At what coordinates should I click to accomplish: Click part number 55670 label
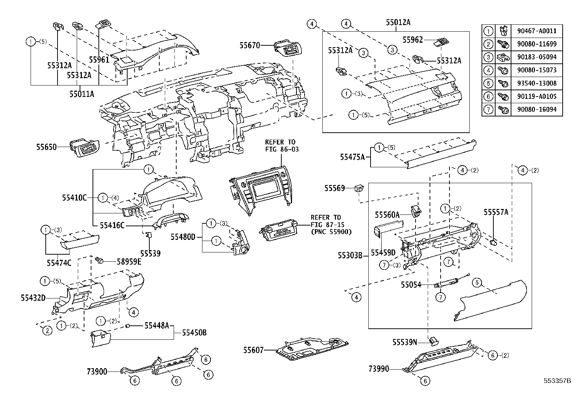coord(249,46)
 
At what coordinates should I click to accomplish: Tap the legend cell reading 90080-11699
coord(536,44)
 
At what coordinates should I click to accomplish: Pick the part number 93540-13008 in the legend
coord(536,83)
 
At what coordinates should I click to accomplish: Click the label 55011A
coord(81,94)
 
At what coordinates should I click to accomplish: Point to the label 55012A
coord(398,22)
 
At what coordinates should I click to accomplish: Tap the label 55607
coord(253,350)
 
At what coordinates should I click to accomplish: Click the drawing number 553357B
coord(557,381)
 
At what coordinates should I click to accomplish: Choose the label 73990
coord(379,369)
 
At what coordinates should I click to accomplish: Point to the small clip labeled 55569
coord(358,189)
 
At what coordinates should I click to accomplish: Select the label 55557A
coord(496,212)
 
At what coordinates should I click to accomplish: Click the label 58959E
coord(129,261)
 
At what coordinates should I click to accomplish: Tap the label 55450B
coord(194,333)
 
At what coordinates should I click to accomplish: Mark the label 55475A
coord(352,157)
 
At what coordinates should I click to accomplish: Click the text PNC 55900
coord(331,232)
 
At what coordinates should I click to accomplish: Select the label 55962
coord(413,40)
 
